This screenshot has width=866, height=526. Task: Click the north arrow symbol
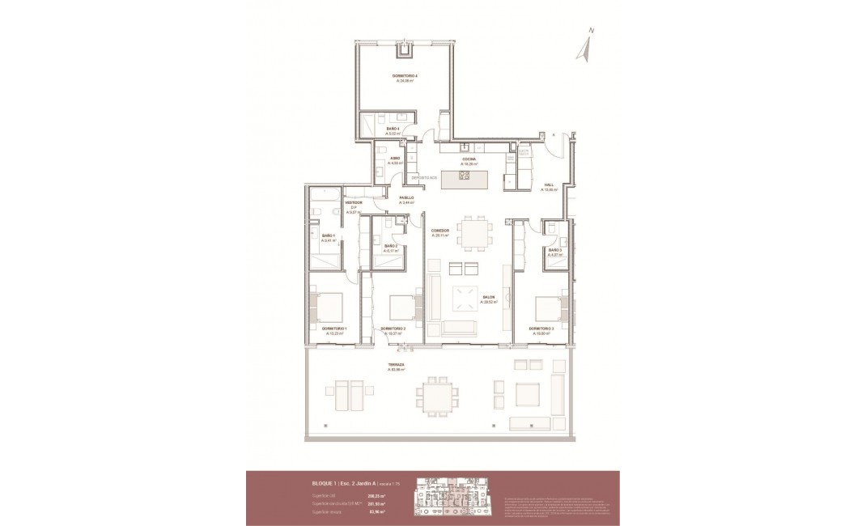click(x=584, y=47)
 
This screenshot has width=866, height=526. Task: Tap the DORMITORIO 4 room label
click(x=405, y=76)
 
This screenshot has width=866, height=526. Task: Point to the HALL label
click(x=549, y=185)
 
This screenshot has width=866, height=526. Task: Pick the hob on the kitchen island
click(x=465, y=176)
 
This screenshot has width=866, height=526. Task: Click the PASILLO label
click(x=406, y=198)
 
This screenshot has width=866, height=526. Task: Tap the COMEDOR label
click(x=440, y=231)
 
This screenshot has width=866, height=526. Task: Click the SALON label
click(x=489, y=298)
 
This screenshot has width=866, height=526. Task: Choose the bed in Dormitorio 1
click(x=329, y=308)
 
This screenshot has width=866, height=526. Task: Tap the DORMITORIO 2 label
click(x=393, y=329)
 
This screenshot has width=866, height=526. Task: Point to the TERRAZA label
click(x=397, y=365)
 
